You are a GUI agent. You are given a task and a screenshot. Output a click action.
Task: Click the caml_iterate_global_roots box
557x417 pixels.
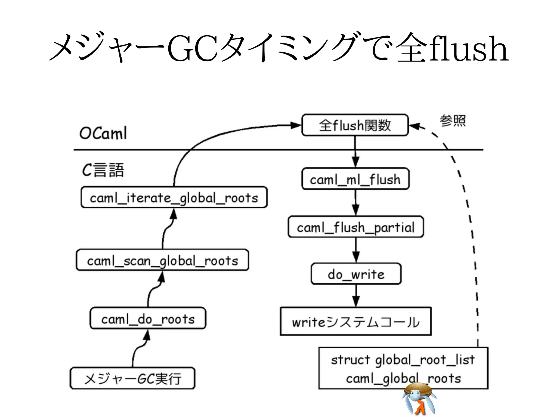(x=174, y=197)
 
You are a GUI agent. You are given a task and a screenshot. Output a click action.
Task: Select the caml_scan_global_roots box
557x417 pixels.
(x=162, y=260)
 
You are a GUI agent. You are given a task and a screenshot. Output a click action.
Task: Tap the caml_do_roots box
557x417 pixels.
(x=148, y=318)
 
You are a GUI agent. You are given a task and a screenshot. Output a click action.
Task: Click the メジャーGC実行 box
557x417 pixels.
(x=132, y=378)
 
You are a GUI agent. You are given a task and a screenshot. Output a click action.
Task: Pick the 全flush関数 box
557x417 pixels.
(x=355, y=125)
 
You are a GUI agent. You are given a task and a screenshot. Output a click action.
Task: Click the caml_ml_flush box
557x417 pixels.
(x=355, y=179)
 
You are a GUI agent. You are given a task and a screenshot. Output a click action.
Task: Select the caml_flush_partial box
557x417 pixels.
(x=356, y=227)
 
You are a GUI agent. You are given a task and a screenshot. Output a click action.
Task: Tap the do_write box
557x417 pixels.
(x=356, y=274)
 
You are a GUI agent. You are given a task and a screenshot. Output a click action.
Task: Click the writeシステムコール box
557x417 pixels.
(x=356, y=322)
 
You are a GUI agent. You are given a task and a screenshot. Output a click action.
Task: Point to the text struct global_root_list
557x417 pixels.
(x=403, y=360)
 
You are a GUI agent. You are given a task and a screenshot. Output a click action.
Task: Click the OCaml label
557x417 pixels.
(x=103, y=133)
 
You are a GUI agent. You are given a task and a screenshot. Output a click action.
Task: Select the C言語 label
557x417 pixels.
(x=103, y=170)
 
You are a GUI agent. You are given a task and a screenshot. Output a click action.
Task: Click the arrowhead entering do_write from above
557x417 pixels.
(x=356, y=257)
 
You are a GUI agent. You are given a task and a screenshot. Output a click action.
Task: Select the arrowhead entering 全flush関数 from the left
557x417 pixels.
(x=296, y=125)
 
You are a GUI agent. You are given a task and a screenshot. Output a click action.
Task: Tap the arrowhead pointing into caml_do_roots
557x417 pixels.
(x=147, y=336)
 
